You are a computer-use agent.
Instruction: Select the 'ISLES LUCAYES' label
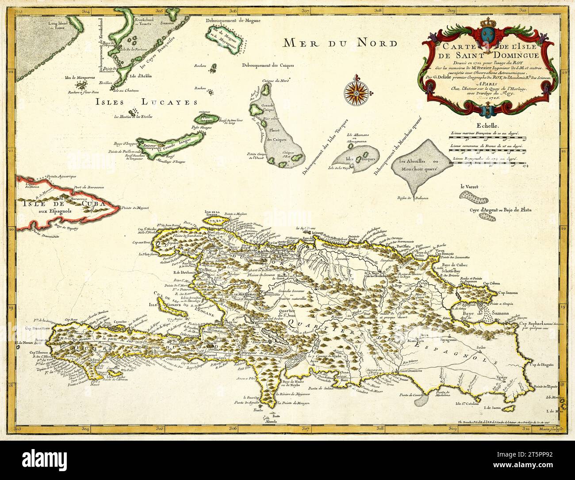coord(146,102)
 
